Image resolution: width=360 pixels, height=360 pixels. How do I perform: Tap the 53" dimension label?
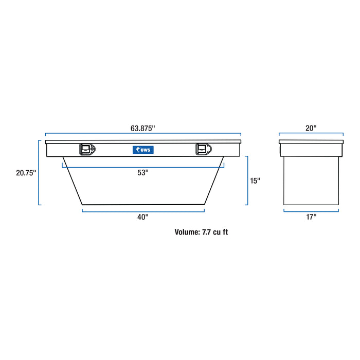click(x=143, y=173)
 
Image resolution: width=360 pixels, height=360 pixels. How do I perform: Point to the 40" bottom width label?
click(x=143, y=217)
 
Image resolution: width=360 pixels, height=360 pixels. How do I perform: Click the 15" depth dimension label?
click(x=256, y=181)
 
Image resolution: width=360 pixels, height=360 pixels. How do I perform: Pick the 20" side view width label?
click(x=311, y=128)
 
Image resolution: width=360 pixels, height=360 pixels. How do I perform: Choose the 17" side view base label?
click(x=311, y=217)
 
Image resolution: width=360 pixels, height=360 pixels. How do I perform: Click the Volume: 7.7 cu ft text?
click(x=201, y=232)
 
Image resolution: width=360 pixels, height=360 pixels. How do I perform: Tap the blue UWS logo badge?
click(x=143, y=150)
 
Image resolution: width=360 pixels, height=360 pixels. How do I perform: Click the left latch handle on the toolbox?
click(x=86, y=149)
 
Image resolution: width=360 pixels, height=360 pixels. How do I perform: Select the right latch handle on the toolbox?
click(x=203, y=149)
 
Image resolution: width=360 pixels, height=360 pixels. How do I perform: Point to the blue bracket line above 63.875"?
click(x=143, y=133)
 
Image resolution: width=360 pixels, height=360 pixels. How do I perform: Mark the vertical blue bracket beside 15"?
click(x=247, y=181)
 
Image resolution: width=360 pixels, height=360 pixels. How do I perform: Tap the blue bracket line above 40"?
click(x=143, y=210)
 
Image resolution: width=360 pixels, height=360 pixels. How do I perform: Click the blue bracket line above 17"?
click(x=311, y=210)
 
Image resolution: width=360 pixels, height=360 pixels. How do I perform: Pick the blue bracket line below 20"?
click(x=311, y=133)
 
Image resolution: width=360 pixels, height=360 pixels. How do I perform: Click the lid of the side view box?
click(x=311, y=141)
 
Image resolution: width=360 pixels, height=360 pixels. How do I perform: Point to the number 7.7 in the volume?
click(x=206, y=232)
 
